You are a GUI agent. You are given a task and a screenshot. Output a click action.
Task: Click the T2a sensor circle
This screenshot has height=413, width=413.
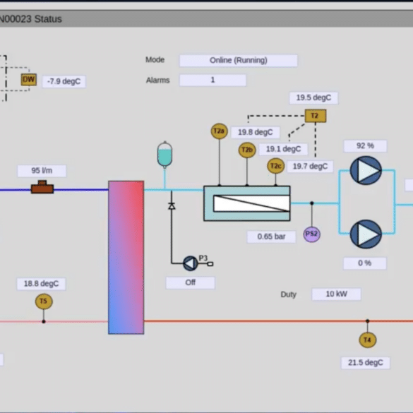coord(219,131)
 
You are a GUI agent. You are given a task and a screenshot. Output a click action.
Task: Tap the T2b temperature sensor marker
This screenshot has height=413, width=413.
coord(247,150)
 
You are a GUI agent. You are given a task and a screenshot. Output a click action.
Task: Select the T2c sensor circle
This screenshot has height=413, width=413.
coord(276,166)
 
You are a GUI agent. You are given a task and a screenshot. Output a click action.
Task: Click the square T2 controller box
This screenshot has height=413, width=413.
coord(316,116)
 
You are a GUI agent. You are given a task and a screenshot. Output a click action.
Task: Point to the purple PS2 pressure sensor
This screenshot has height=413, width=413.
coord(312,234)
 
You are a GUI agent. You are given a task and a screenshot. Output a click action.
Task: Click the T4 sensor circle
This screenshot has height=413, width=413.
coord(367,340)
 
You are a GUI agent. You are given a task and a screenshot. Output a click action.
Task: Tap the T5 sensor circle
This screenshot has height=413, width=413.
coord(44,301)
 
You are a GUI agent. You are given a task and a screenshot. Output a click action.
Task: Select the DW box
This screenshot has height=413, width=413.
coord(29,80)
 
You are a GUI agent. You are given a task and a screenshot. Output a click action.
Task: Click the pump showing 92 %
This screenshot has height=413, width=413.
coord(366,170)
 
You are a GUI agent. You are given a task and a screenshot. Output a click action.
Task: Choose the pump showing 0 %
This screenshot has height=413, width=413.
coord(366,234)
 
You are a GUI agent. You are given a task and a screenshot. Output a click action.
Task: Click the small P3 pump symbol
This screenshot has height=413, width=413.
coord(191,263)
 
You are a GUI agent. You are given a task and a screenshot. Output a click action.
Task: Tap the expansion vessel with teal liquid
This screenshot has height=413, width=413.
coord(164,155)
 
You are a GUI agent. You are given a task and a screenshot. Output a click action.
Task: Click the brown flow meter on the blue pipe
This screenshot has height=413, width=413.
coord(42,187)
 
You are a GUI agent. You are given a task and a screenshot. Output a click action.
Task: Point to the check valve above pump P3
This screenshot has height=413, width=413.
coord(172,205)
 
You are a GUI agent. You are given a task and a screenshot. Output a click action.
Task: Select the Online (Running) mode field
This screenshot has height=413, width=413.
coord(239,61)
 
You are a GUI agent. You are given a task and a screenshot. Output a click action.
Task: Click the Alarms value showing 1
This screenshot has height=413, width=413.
coord(213,80)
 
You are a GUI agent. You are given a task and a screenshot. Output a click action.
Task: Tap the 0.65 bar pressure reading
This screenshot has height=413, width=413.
coord(271,237)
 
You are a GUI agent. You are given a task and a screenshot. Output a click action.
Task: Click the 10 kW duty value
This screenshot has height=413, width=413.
coord(336,294)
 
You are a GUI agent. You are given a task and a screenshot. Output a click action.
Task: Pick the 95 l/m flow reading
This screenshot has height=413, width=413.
coord(42,171)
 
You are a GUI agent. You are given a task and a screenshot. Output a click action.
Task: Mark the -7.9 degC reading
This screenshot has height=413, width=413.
coord(64,81)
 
